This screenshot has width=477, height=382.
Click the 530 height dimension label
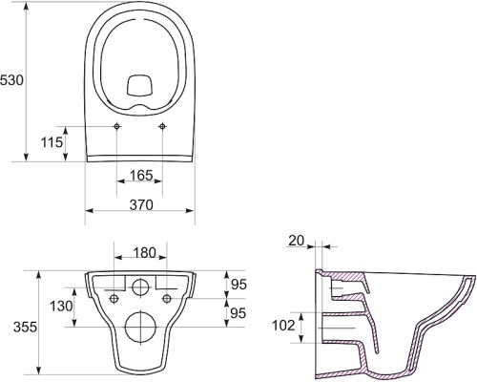tap(11, 80)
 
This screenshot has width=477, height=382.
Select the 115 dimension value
tap(52, 142)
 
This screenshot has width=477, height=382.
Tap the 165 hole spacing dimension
tap(141, 175)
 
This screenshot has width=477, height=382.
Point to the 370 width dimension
tap(141, 204)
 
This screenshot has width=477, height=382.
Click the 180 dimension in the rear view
tap(144, 253)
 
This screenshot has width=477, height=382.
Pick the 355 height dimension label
tap(25, 327)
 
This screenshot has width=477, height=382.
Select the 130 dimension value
tap(61, 307)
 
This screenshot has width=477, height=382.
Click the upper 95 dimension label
tap(238, 285)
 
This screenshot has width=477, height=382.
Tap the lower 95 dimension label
tap(238, 313)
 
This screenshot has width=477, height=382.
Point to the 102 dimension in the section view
tap(283, 326)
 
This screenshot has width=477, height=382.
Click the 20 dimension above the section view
tap(297, 241)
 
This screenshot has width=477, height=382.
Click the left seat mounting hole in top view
tap(117, 126)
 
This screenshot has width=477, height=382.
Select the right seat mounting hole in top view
tap(162, 126)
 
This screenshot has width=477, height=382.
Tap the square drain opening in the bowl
tap(140, 85)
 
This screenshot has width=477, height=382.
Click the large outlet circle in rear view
tap(140, 327)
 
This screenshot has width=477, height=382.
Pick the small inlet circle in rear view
tap(140, 286)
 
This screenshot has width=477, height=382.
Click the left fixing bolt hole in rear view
tap(114, 299)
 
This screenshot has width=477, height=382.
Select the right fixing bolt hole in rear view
tap(167, 299)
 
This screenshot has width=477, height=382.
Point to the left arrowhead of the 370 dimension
tap(90, 210)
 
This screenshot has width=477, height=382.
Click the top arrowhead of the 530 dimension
tap(27, 6)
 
